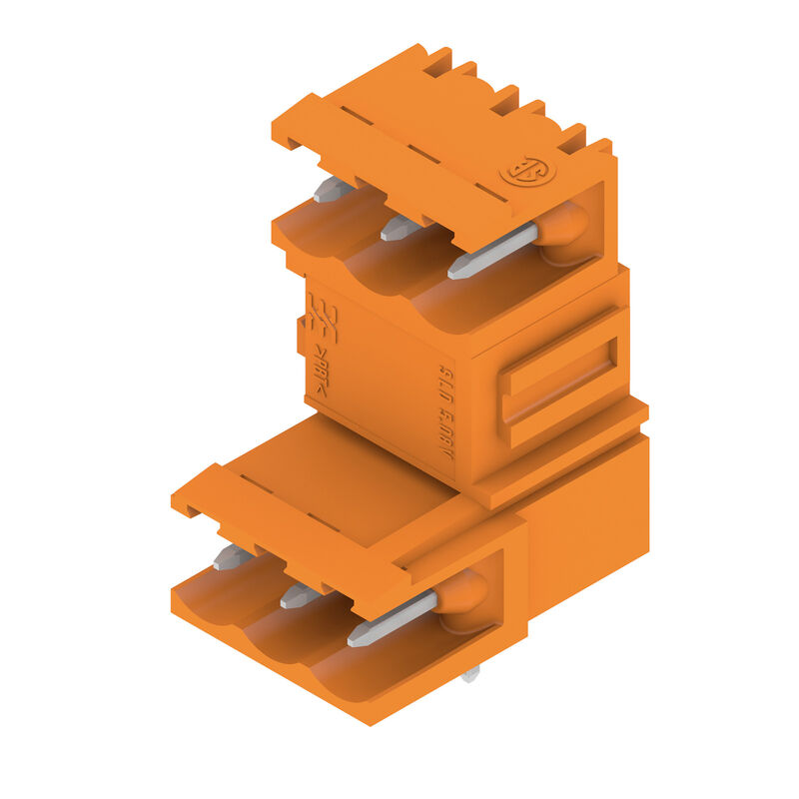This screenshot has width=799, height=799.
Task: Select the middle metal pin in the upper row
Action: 400,228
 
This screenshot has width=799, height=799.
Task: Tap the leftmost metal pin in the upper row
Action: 333,189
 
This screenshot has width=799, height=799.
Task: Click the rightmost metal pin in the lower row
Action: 393,618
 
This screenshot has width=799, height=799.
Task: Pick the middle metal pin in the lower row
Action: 300,596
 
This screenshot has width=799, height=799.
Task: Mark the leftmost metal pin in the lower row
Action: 232,557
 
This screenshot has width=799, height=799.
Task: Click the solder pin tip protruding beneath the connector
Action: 470,675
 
